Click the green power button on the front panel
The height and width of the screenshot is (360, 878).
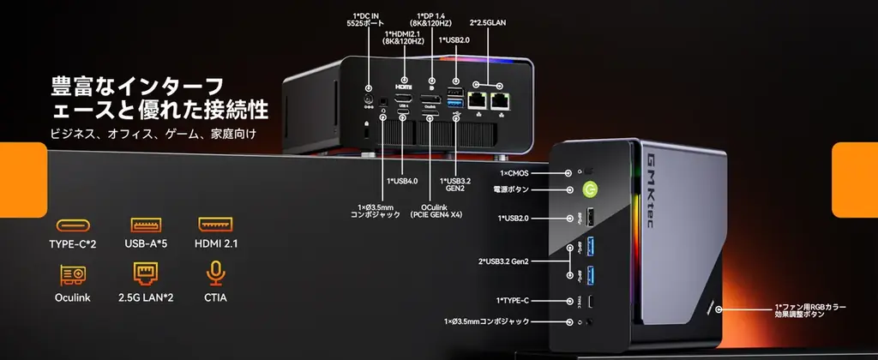click(590, 189)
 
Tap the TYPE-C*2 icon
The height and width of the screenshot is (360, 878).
click(73, 225)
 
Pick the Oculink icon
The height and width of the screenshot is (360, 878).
click(73, 274)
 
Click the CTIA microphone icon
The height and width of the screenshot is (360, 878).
click(217, 274)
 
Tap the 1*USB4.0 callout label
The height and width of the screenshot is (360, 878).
click(403, 181)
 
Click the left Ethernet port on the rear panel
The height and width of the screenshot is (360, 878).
click(477, 99)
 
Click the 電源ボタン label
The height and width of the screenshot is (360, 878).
click(512, 189)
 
